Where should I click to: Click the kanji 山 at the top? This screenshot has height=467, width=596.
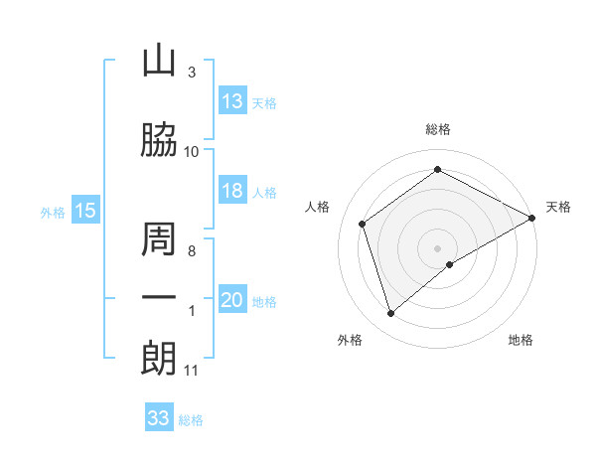159,61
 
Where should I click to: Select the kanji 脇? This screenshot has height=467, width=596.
159,140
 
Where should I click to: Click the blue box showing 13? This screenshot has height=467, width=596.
232,101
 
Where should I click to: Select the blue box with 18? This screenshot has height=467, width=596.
232,191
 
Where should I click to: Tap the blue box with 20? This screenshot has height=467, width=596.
232,301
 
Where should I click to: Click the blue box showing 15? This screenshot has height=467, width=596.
85,211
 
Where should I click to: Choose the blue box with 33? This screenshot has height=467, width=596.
159,418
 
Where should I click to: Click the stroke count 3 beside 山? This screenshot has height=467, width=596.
191,73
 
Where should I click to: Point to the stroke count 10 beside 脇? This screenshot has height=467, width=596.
191,151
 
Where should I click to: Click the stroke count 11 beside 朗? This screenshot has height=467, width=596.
191,371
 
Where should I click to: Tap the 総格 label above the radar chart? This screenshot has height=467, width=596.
438,129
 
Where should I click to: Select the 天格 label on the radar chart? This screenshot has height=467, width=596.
558,207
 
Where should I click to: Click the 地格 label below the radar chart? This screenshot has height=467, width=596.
521,340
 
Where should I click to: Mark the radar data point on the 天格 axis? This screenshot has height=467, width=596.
533,217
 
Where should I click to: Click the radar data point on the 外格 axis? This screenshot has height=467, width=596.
391,314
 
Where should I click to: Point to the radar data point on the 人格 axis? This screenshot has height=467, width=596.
363,224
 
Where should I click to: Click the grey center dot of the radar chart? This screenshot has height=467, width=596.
438,247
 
